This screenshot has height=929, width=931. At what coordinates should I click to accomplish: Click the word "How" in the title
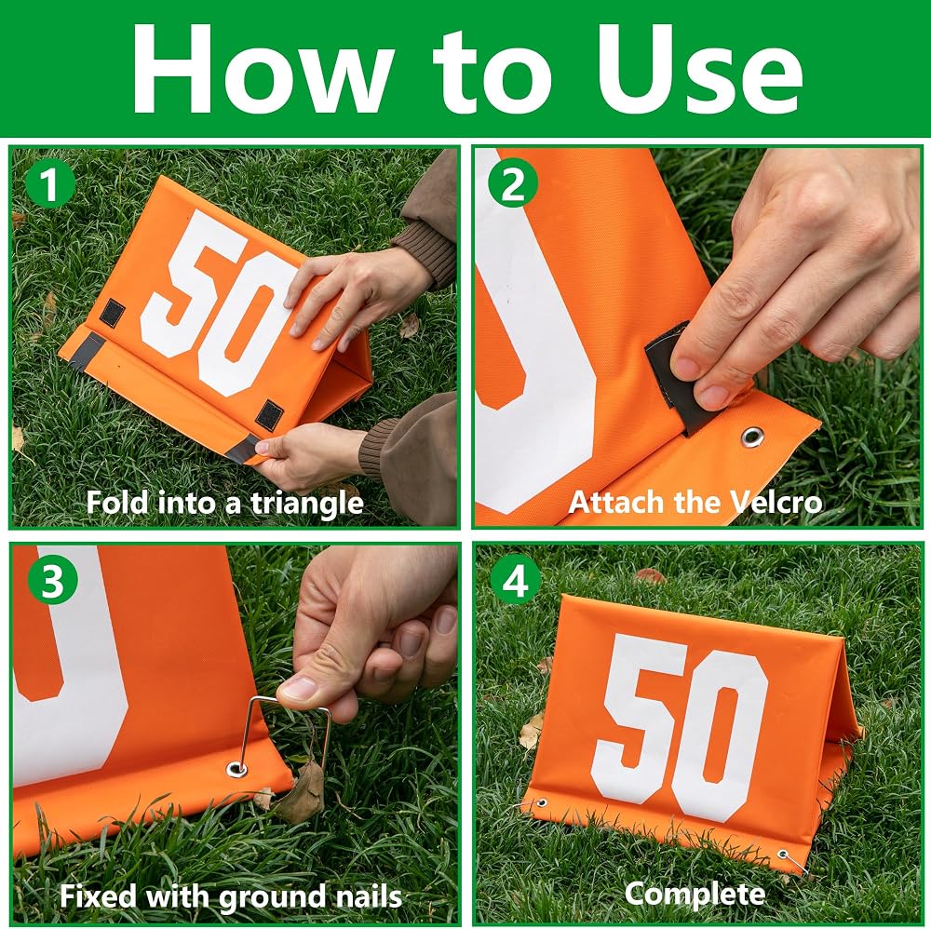click(262, 70)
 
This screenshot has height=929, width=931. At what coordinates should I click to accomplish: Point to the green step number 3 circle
click(52, 579)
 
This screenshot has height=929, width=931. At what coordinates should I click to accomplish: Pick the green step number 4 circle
click(516, 579)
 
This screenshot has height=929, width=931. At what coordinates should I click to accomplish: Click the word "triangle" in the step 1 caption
click(306, 504)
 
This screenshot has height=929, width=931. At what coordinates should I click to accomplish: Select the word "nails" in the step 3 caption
click(369, 896)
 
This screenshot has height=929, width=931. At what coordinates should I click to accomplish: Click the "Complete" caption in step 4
click(695, 894)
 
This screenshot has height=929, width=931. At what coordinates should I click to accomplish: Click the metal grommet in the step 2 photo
click(753, 437)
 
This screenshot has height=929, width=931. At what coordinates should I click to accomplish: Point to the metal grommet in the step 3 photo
click(236, 769)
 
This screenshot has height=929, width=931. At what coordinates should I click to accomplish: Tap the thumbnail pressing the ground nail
click(301, 689)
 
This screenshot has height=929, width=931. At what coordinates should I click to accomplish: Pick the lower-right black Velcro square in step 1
click(269, 415)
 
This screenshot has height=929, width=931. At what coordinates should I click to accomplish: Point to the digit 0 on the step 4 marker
click(722, 736)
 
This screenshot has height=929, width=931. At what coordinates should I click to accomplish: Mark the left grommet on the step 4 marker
click(541, 803)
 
